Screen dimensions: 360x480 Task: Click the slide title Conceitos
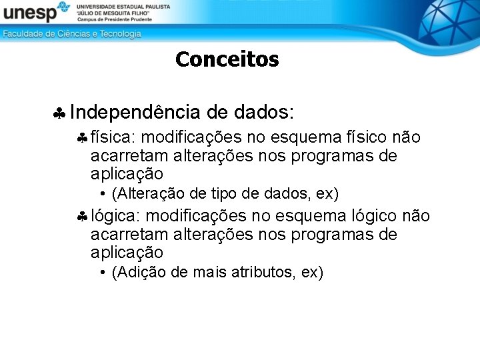click(x=227, y=60)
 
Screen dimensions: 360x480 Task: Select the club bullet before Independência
click(x=59, y=113)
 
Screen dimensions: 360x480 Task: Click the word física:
click(x=113, y=137)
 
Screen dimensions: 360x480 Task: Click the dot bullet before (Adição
click(x=103, y=273)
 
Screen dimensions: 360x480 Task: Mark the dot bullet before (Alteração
click(x=103, y=194)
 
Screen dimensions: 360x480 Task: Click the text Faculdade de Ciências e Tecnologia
click(x=71, y=34)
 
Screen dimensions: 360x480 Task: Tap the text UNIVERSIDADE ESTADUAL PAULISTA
click(x=123, y=6)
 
